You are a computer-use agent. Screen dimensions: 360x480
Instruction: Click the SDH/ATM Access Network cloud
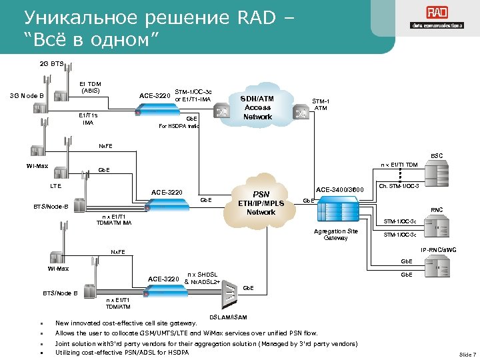coord(258,107)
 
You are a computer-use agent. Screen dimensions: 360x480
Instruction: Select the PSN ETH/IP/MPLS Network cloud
coord(261,203)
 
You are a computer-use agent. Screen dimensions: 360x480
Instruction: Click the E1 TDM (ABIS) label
coord(89,87)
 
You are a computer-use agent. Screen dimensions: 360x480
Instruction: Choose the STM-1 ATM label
coord(321,105)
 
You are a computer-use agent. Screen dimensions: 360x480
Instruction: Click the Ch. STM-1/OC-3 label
coord(399,186)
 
